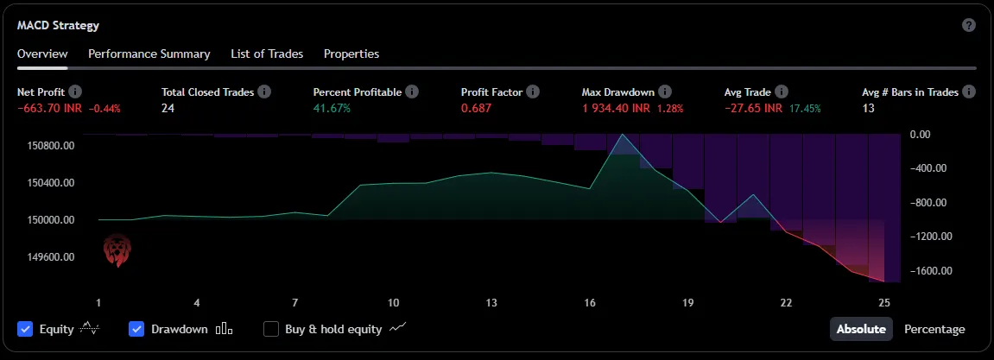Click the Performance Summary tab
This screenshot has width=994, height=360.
[x=149, y=54]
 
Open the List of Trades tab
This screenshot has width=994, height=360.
[x=267, y=54]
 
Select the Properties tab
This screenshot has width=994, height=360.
[x=351, y=54]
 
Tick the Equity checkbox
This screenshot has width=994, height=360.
[x=25, y=329]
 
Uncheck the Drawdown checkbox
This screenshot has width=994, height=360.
[x=136, y=329]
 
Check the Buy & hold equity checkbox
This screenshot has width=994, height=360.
[x=271, y=329]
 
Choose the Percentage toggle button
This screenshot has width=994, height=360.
[x=934, y=329]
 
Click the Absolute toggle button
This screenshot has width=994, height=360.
[x=861, y=329]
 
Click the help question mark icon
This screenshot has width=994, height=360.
[x=969, y=25]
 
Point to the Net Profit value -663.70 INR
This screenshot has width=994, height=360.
[x=51, y=109]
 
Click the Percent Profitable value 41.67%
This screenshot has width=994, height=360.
[x=332, y=109]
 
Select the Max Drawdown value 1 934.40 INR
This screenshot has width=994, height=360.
[x=616, y=109]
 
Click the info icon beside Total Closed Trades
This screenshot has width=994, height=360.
[x=264, y=92]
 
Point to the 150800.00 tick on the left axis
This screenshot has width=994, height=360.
[x=50, y=146]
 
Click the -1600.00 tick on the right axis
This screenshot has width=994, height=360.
[x=931, y=271]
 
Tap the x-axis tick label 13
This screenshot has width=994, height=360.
[x=491, y=303]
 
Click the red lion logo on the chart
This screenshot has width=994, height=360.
[x=116, y=250]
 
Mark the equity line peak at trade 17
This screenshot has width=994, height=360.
[x=622, y=135]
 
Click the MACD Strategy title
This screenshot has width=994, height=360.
[x=58, y=25]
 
